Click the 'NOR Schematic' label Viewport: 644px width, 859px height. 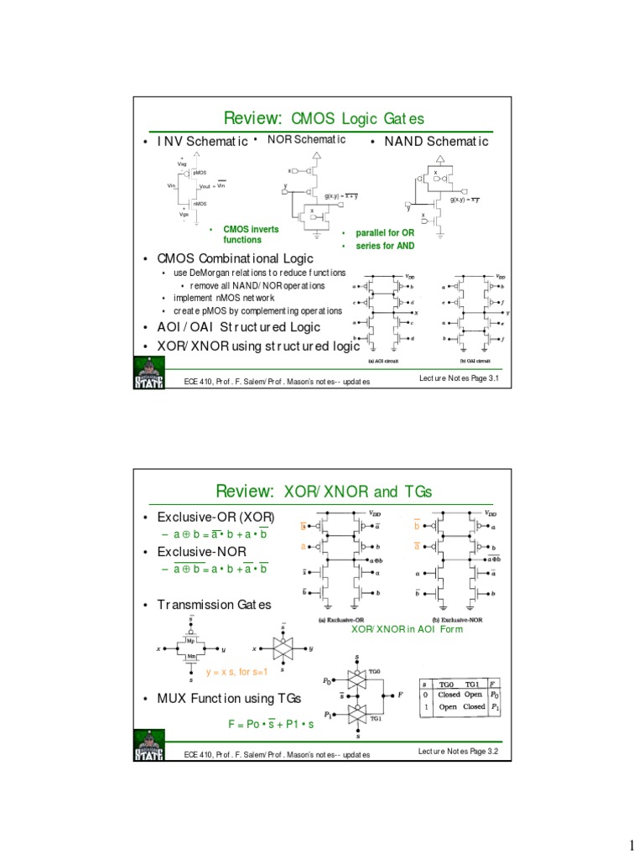pos(306,139)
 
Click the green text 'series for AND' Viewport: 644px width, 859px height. pos(385,245)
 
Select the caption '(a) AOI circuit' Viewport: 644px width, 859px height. pos(383,361)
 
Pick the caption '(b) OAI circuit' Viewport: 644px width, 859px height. pos(475,361)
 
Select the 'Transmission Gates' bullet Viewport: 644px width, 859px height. pos(215,605)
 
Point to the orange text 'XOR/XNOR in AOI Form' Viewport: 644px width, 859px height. pos(406,628)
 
